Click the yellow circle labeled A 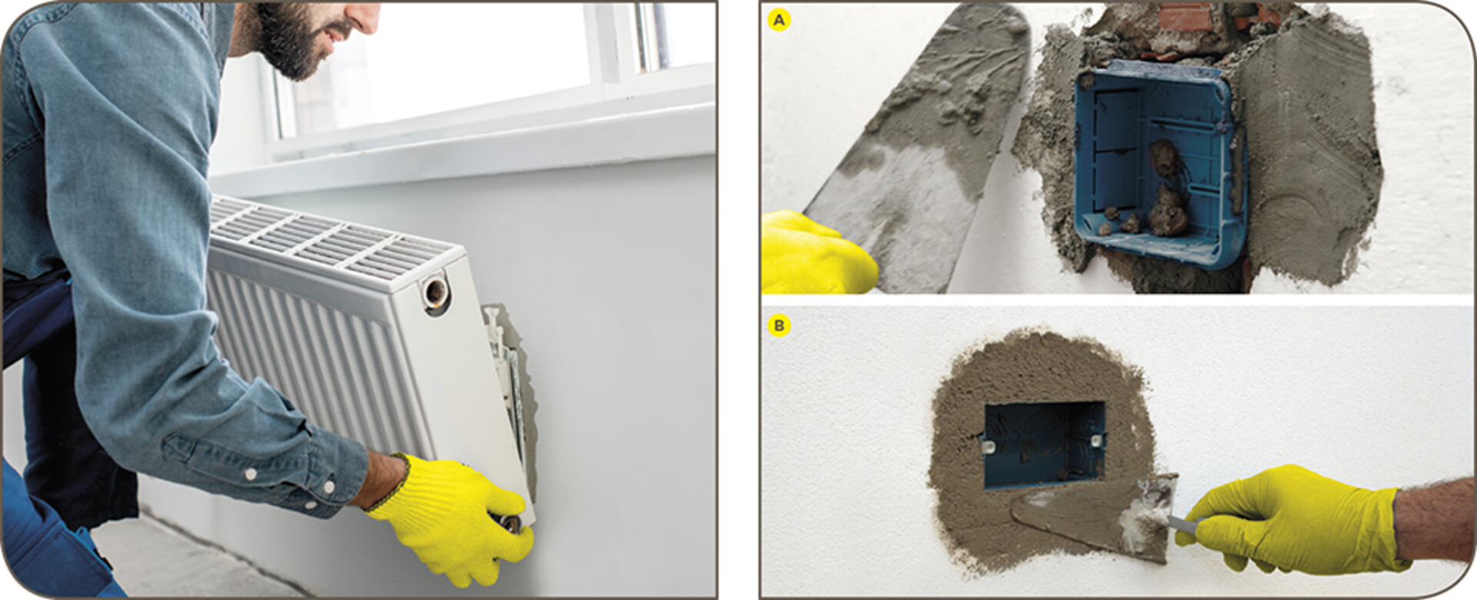780,21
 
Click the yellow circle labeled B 779,326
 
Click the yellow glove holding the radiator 454,516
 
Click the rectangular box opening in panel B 1044,445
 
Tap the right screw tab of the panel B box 1097,441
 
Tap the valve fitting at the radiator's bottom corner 511,523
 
